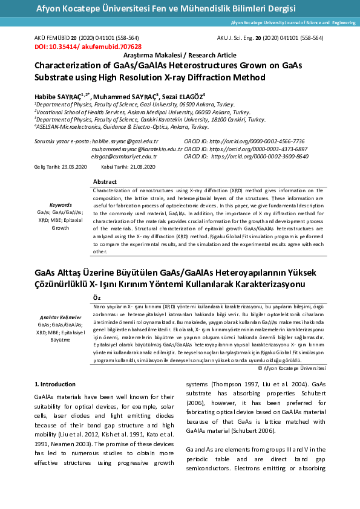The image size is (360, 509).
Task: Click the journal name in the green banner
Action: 166,8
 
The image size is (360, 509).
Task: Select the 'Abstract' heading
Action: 105,182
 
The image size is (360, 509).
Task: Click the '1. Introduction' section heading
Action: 54,384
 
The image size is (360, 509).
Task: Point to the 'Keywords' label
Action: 61,205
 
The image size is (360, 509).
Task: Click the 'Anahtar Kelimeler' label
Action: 61,317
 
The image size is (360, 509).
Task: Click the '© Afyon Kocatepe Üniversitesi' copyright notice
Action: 292,368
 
